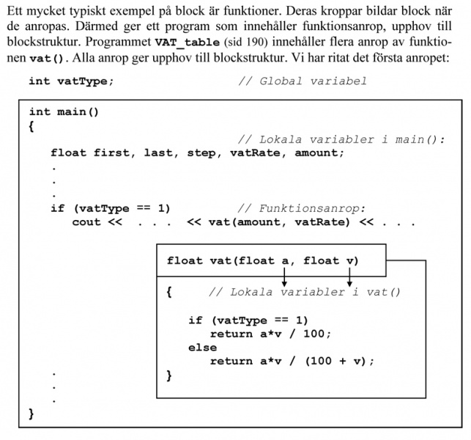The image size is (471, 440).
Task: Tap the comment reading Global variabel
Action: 303,81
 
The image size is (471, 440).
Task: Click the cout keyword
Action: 86,222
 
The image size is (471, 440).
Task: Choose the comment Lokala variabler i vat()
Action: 305,292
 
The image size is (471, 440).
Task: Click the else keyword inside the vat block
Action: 202,348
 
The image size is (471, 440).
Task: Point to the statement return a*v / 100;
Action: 270,334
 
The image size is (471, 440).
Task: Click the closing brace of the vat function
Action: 170,375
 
